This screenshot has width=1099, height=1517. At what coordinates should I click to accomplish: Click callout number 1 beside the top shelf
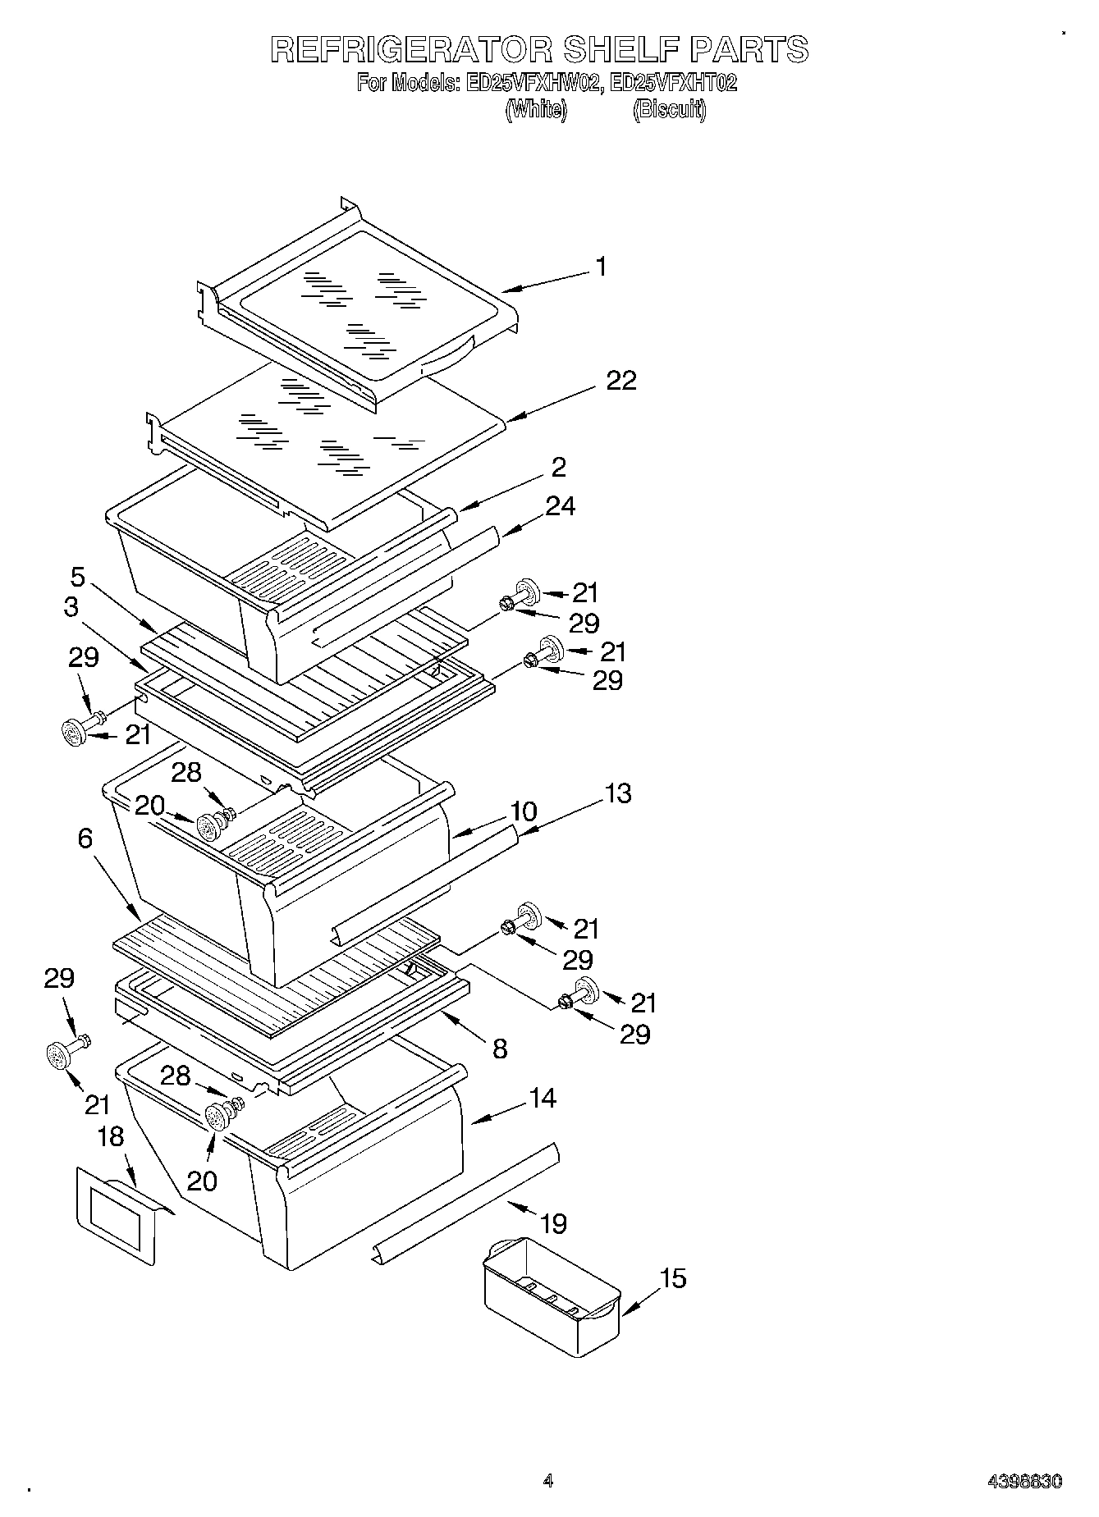602,267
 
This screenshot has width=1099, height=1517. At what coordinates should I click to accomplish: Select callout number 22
621,381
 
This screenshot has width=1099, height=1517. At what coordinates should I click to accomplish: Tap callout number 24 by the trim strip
560,506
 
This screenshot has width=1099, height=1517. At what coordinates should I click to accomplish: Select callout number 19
553,1224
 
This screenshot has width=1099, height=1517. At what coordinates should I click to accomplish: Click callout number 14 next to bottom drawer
543,1098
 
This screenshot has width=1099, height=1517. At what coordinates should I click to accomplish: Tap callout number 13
618,793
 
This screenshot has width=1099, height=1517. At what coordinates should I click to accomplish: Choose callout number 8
500,1048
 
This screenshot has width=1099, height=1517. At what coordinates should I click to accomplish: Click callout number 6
86,838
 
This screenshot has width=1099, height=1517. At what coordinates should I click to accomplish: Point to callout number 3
71,607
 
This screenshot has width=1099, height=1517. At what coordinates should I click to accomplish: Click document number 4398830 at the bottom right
1024,1482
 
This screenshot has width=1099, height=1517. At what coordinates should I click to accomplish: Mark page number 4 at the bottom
548,1481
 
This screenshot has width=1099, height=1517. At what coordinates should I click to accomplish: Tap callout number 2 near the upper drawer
558,468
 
